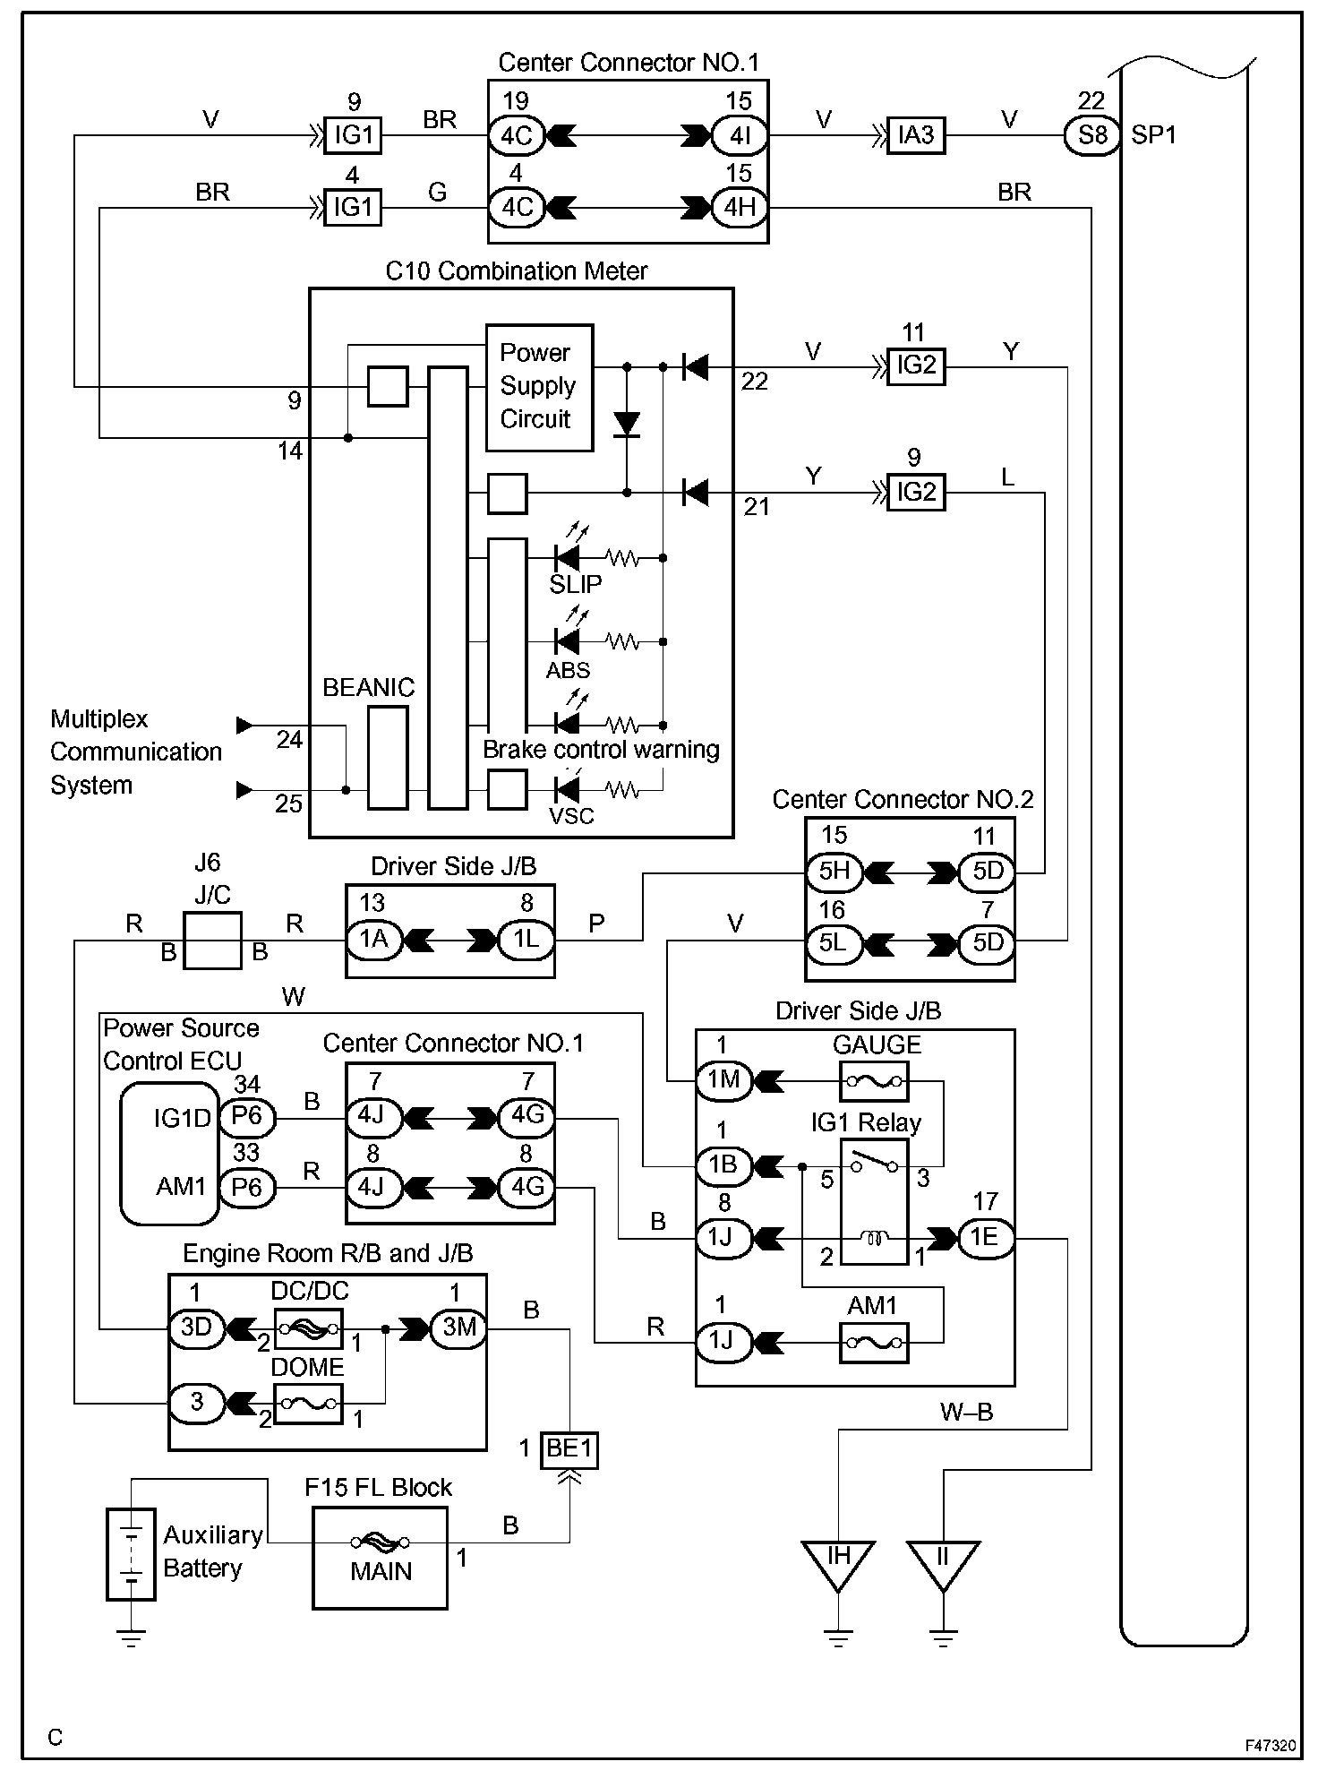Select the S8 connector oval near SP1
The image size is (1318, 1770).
click(1092, 135)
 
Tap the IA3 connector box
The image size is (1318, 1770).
click(916, 135)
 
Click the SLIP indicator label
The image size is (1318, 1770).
click(576, 584)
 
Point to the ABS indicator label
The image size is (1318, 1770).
click(569, 670)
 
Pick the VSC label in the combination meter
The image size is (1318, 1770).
click(571, 816)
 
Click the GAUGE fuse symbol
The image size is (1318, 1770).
click(874, 1081)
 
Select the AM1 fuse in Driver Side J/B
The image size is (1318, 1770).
click(874, 1343)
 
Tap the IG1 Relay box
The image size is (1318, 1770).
click(874, 1201)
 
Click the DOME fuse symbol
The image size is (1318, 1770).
click(308, 1404)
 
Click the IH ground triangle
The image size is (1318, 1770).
click(837, 1565)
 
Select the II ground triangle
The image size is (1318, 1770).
click(943, 1565)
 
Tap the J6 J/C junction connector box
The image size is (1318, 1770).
click(212, 941)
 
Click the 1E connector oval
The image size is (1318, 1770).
click(985, 1238)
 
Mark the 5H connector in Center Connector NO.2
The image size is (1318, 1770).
click(834, 872)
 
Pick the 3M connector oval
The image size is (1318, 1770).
click(458, 1328)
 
